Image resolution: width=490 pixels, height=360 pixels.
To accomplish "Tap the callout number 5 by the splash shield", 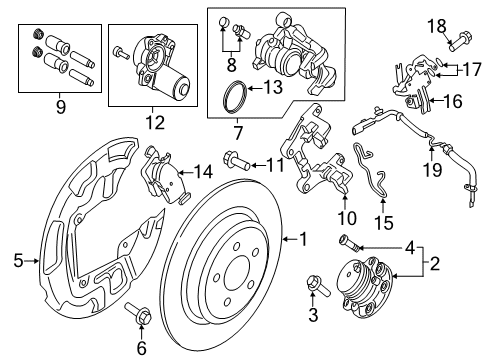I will pyautogui.click(x=18, y=263).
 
